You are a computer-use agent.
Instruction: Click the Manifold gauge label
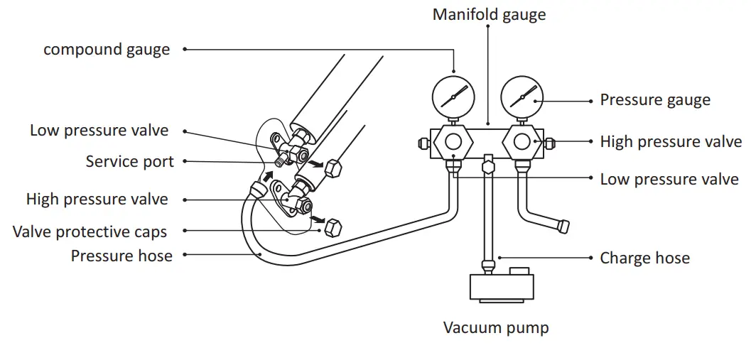489,14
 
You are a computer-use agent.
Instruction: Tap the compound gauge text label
107,50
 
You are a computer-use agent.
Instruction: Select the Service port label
129,161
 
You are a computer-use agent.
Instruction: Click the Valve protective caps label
90,231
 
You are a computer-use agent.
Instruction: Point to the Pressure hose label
121,256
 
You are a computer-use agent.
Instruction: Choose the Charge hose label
644,258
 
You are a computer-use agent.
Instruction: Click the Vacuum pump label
496,327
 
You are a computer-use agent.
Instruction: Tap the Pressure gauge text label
654,100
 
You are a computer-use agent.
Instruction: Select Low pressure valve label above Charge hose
669,180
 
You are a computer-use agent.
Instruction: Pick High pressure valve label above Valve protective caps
97,199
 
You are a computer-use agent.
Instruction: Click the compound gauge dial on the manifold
453,96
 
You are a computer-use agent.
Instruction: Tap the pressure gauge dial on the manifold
522,96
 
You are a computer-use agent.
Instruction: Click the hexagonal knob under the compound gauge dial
453,141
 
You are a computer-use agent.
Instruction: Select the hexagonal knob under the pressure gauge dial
522,141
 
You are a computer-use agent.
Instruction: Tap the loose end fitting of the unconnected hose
563,227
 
